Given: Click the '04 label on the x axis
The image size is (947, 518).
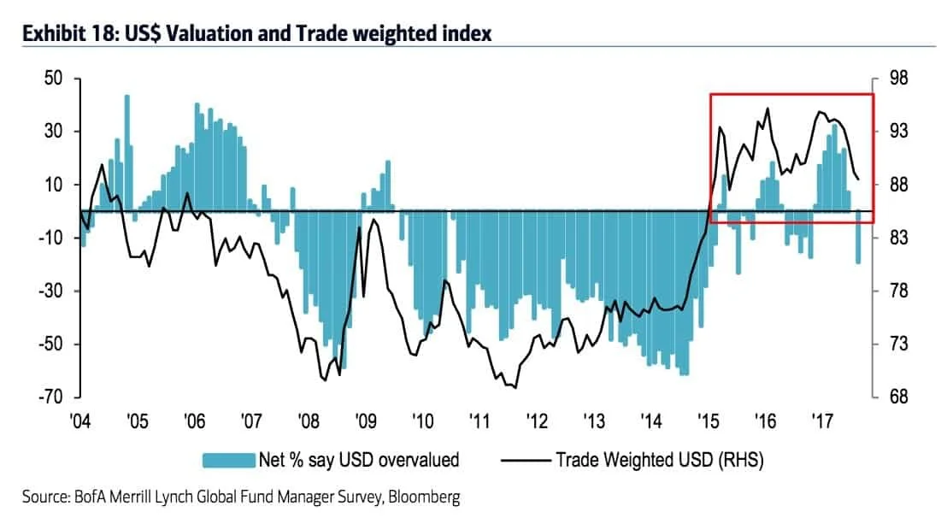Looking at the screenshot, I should pyautogui.click(x=80, y=421).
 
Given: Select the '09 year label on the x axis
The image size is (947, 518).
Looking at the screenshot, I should pyautogui.click(x=366, y=421).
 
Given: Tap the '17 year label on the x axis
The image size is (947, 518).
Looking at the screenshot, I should pyautogui.click(x=822, y=421).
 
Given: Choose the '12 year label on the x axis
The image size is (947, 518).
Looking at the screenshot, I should pyautogui.click(x=537, y=421).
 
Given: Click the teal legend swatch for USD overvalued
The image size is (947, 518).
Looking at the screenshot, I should pyautogui.click(x=229, y=461).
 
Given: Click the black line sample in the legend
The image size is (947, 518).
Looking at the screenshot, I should pyautogui.click(x=522, y=461).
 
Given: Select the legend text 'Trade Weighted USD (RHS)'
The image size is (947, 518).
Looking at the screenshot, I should pyautogui.click(x=659, y=461).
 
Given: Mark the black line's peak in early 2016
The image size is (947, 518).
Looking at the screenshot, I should pyautogui.click(x=767, y=109).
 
